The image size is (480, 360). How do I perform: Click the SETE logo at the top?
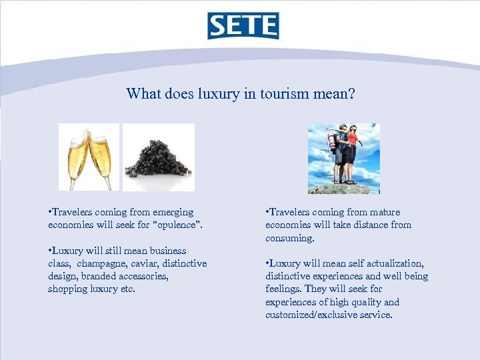[243, 25]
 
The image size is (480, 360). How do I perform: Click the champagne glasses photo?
[89, 157]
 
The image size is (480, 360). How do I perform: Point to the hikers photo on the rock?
[344, 159]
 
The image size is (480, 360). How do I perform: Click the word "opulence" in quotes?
[175, 225]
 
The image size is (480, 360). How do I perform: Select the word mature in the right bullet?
[382, 212]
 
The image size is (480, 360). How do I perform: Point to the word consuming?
[289, 238]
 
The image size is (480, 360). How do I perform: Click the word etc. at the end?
[127, 289]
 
